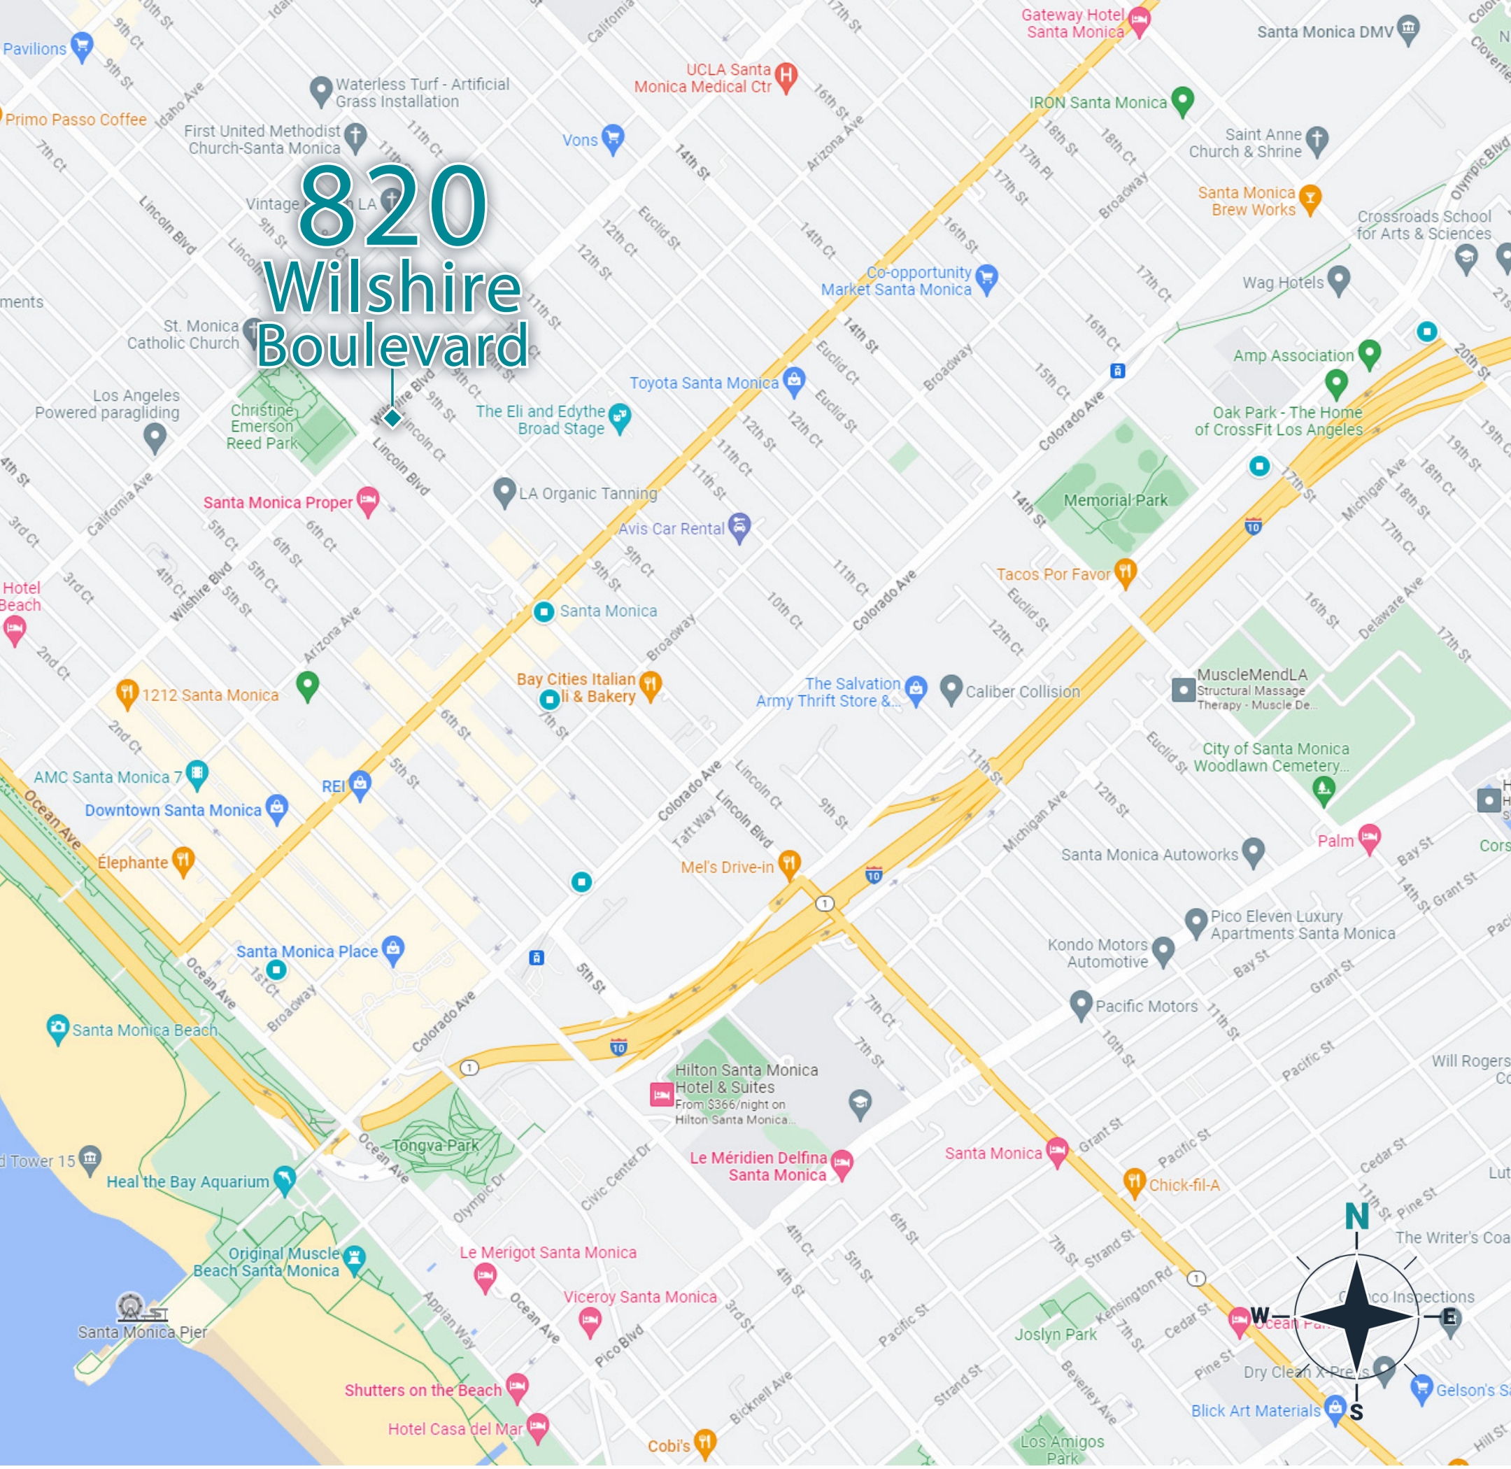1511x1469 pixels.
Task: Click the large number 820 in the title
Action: (x=394, y=207)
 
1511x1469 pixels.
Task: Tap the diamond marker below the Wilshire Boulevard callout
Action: (x=393, y=418)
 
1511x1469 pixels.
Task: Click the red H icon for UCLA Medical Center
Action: (x=786, y=75)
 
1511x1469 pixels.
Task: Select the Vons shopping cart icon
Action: (x=613, y=138)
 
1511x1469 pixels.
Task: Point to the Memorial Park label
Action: (x=1115, y=500)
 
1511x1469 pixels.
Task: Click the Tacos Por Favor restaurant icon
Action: (x=1126, y=572)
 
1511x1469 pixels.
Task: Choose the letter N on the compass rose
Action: (x=1356, y=1216)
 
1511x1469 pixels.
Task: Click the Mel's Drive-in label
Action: (x=726, y=867)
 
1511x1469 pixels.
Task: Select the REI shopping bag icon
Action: (x=360, y=784)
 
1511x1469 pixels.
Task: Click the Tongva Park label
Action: (x=435, y=1146)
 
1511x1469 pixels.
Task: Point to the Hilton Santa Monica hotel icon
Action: (x=661, y=1094)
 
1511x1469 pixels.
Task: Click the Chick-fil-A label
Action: (x=1184, y=1185)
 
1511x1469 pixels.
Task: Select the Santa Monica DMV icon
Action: (x=1408, y=29)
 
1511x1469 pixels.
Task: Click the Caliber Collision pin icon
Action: (x=951, y=688)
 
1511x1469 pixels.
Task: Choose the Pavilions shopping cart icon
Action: (x=82, y=45)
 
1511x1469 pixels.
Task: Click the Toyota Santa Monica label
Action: (x=704, y=383)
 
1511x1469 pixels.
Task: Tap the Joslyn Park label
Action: (x=1055, y=1335)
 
